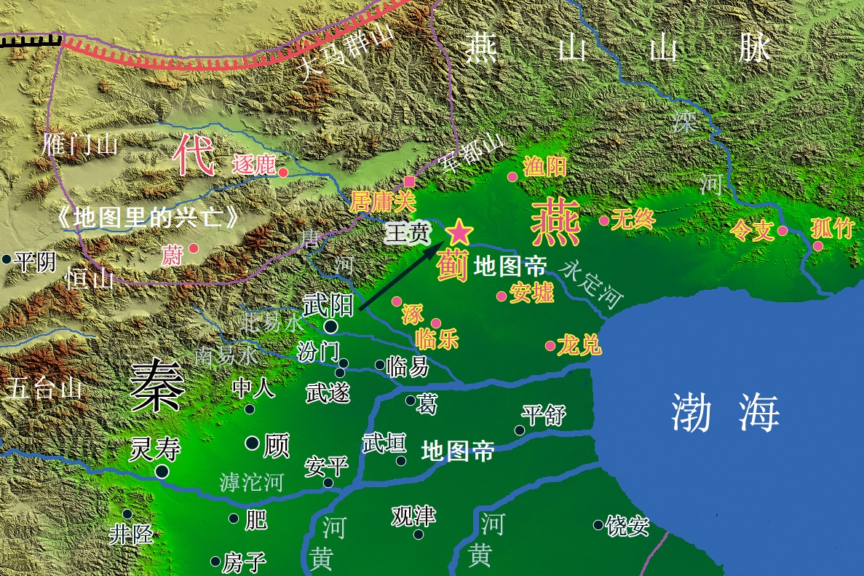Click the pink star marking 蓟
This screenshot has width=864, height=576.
(459, 232)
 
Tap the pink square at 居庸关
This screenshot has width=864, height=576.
(410, 181)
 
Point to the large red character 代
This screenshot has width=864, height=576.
(193, 157)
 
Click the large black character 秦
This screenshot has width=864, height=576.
(157, 387)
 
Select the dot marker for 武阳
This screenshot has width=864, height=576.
(331, 327)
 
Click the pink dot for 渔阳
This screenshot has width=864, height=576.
(512, 177)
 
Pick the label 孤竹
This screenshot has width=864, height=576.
(831, 229)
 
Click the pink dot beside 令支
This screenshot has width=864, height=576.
(782, 231)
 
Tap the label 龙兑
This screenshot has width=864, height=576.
(579, 344)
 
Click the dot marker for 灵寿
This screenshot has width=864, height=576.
(162, 472)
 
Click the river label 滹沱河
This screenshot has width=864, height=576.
(251, 481)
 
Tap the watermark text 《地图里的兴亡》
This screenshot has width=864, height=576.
(148, 218)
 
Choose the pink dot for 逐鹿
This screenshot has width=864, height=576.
(283, 173)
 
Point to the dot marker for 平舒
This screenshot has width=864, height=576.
(519, 430)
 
